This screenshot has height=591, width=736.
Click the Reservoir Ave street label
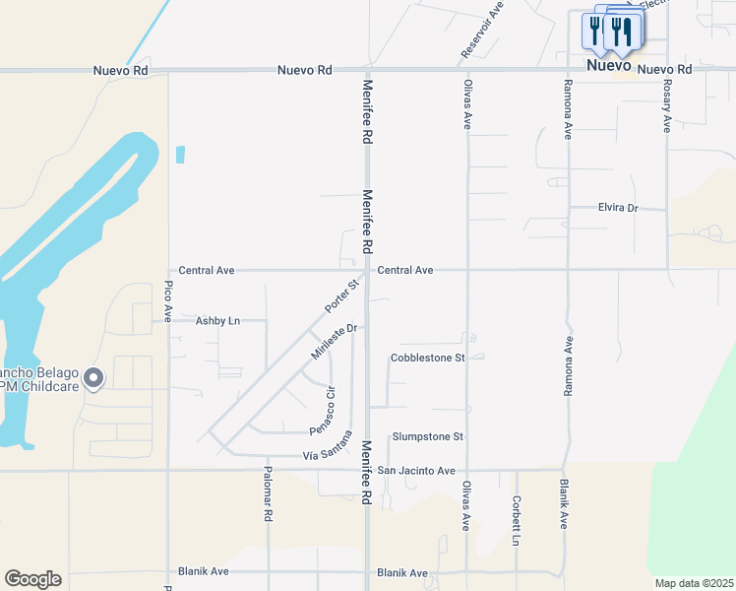coord(482,30)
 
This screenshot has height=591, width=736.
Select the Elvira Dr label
coord(619,208)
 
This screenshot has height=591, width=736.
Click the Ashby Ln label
coord(217,321)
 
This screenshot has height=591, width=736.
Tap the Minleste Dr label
coord(333,341)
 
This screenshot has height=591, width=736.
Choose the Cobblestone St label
coord(427,358)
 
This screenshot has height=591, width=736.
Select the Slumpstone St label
coord(427,436)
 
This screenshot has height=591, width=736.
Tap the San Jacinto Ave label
coord(416,471)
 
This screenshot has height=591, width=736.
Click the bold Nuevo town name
coord(608,66)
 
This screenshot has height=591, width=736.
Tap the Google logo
coord(32,579)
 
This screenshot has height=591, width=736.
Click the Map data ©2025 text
coord(693,583)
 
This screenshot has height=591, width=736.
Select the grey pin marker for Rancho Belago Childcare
coord(93,377)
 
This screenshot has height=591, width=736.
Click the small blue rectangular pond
coord(180,154)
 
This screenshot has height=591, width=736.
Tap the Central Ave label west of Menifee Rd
coord(207,270)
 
